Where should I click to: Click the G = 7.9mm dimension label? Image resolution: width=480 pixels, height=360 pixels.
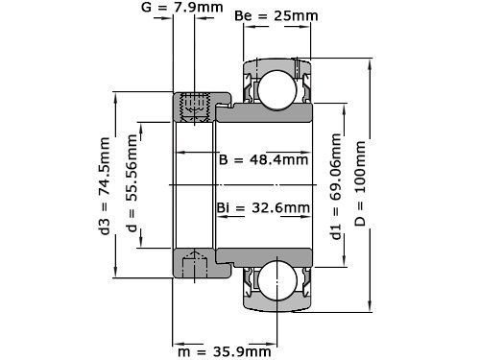(181, 7)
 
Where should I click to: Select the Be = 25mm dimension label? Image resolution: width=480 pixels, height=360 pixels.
(276, 15)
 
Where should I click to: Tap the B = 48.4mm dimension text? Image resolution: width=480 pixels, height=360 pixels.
(263, 159)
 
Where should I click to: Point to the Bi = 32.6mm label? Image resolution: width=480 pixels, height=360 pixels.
(263, 207)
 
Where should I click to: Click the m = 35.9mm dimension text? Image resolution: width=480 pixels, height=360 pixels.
(225, 351)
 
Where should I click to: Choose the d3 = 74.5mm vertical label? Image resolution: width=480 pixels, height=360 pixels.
(105, 186)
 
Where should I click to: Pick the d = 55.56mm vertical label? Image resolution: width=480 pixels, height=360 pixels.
(132, 183)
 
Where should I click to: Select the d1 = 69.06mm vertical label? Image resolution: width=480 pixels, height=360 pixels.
(336, 186)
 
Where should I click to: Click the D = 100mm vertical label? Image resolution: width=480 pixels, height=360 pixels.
(360, 183)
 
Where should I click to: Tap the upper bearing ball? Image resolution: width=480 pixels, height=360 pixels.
(277, 90)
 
